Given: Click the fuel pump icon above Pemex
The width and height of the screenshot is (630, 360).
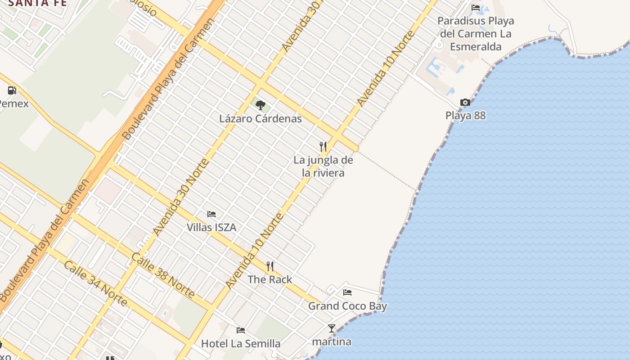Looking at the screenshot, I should click(12, 90).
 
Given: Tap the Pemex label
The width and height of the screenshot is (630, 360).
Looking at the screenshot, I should click(13, 104).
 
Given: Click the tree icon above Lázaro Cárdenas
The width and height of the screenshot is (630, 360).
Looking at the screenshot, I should click(260, 105).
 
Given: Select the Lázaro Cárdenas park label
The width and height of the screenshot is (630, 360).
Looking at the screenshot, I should click(260, 119).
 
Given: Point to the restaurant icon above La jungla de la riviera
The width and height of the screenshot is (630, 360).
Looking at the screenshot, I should click(323, 146).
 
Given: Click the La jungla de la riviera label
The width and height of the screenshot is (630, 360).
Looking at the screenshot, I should click(323, 166).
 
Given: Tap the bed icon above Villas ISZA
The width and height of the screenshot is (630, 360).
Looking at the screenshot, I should click(211, 214).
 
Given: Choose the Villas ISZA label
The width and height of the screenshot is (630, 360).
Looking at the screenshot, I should click(211, 227).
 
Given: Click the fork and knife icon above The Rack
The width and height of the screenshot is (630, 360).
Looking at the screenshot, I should click(270, 266).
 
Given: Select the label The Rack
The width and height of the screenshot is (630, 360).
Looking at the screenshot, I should click(270, 279).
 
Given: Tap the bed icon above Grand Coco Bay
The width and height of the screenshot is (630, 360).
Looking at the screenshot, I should click(347, 292).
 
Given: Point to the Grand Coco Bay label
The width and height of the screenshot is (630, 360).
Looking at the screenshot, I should click(347, 306).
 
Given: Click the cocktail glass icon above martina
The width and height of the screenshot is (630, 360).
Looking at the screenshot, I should click(332, 328).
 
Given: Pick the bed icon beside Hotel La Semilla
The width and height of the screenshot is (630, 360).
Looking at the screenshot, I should click(241, 330).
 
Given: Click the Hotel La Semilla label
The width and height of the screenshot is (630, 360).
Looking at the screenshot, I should click(241, 344).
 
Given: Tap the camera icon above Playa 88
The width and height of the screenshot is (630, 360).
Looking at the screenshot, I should click(465, 103).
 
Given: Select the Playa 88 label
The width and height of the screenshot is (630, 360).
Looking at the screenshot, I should click(465, 116).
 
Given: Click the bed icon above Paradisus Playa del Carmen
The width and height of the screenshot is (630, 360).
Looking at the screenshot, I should click(476, 7).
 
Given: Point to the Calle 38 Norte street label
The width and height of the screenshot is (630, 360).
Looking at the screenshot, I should click(163, 276).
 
